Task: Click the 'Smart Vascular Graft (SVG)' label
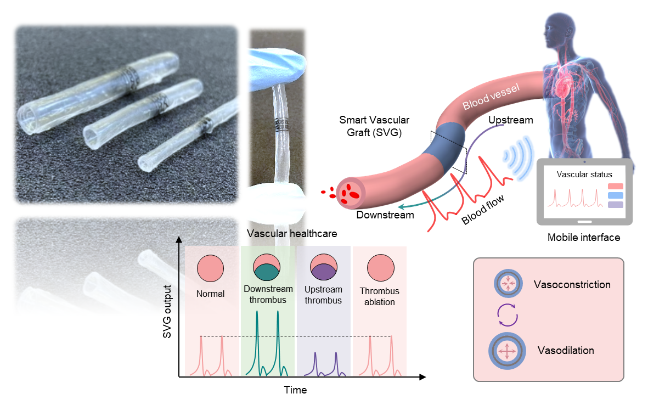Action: click(x=374, y=126)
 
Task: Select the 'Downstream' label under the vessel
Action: click(x=385, y=215)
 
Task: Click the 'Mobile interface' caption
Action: click(x=584, y=238)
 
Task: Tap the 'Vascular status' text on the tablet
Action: click(x=584, y=175)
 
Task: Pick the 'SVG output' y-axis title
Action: click(x=168, y=312)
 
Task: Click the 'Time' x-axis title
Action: click(x=295, y=390)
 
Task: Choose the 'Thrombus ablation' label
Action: click(x=380, y=296)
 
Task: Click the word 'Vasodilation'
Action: click(x=565, y=350)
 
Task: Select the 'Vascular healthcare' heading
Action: click(x=292, y=233)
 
